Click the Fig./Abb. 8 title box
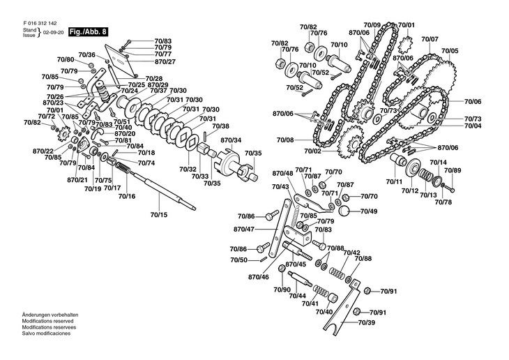tap(88, 32)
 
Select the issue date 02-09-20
tap(53, 33)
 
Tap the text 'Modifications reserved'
tap(47, 321)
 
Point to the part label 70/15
tap(159, 215)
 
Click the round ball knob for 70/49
tap(344, 211)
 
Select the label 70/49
tap(369, 211)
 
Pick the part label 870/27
tap(165, 61)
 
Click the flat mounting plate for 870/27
tap(122, 61)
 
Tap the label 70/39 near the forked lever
tap(367, 322)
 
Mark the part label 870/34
tap(231, 140)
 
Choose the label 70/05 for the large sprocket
tap(450, 51)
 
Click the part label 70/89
tap(453, 170)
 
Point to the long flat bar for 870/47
tap(279, 228)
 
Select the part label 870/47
tap(244, 230)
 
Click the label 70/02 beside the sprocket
tap(312, 151)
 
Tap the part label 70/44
tap(297, 296)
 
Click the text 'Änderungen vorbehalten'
tap(50, 315)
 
